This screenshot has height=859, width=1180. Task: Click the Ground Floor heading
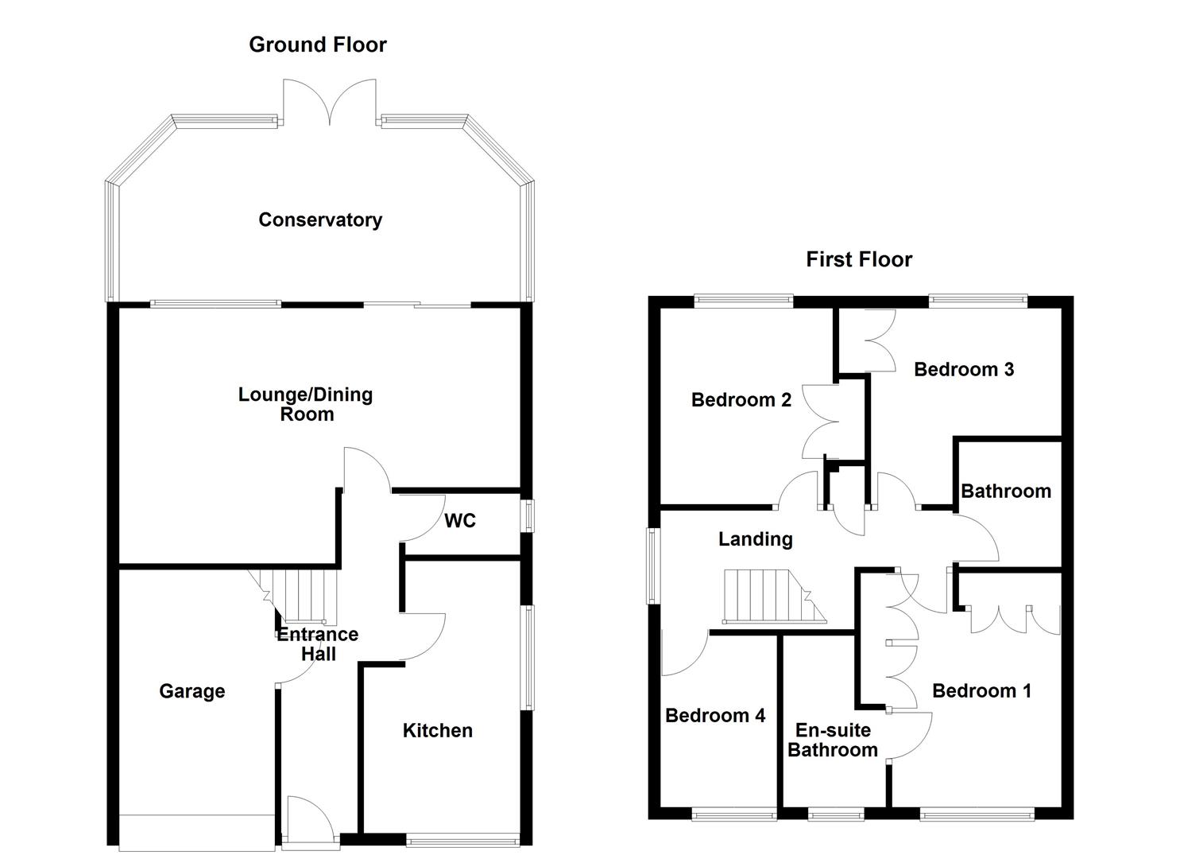[x=318, y=45]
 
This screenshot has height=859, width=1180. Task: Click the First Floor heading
[x=859, y=259]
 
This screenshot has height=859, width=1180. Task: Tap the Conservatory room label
[x=320, y=220]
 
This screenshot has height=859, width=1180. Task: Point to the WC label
[x=460, y=521]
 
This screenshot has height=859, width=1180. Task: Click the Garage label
[x=192, y=691]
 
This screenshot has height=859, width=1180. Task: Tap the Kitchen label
[x=437, y=730]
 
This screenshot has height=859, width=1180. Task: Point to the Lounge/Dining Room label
[x=306, y=404]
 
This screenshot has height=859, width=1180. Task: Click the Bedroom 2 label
[x=741, y=400]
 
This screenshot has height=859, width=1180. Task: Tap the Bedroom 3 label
[x=964, y=369]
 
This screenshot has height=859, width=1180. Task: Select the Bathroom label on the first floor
[x=1006, y=491]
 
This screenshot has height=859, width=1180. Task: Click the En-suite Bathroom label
[x=833, y=740]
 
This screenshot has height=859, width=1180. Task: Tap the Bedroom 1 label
[x=981, y=691]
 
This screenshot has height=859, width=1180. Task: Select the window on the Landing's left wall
[x=652, y=566]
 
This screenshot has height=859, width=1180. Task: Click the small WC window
[x=528, y=515]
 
